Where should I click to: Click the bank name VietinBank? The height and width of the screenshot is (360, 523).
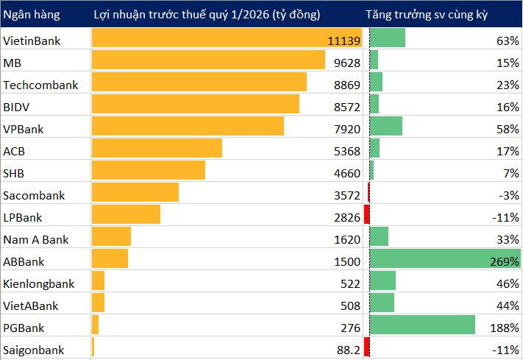(x=32, y=40)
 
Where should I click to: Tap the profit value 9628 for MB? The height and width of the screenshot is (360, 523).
(x=346, y=63)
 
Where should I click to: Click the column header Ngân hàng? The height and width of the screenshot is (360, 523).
(x=32, y=15)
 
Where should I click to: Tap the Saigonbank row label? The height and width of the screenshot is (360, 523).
(x=34, y=350)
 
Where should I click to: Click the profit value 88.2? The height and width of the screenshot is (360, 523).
(x=348, y=350)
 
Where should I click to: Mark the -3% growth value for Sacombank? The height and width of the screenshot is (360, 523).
(x=508, y=195)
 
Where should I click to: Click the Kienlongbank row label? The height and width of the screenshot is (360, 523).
(x=39, y=283)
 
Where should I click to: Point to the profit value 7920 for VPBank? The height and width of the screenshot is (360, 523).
(x=346, y=129)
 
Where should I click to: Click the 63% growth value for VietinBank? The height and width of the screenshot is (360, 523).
(x=508, y=40)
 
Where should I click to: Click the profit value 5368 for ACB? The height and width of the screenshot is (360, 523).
(x=346, y=151)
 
